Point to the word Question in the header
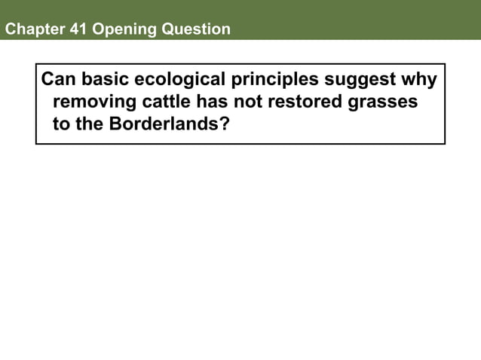point(194,29)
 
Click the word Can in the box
point(56,80)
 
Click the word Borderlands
point(165,124)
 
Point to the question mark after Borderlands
point(225,124)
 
